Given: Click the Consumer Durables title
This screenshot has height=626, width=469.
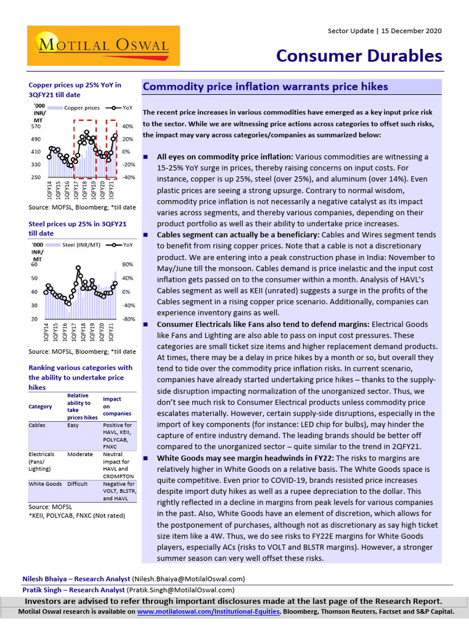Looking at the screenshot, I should click(x=359, y=56).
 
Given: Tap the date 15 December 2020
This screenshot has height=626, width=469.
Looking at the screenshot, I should click(x=412, y=31).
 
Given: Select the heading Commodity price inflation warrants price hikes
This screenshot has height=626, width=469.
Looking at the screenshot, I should click(x=265, y=87).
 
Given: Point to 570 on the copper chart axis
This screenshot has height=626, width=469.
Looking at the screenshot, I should click(x=36, y=127).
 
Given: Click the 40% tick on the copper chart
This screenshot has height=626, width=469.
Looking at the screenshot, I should click(x=128, y=127).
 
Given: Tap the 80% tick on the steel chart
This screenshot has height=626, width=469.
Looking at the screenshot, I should click(x=128, y=265).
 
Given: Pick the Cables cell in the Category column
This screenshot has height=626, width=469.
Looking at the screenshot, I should click(x=37, y=425).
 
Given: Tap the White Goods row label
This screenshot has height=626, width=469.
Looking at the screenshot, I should click(x=45, y=484).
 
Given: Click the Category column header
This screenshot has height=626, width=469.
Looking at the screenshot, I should click(x=40, y=407).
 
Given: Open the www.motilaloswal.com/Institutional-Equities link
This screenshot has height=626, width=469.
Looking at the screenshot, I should click(x=208, y=611).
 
